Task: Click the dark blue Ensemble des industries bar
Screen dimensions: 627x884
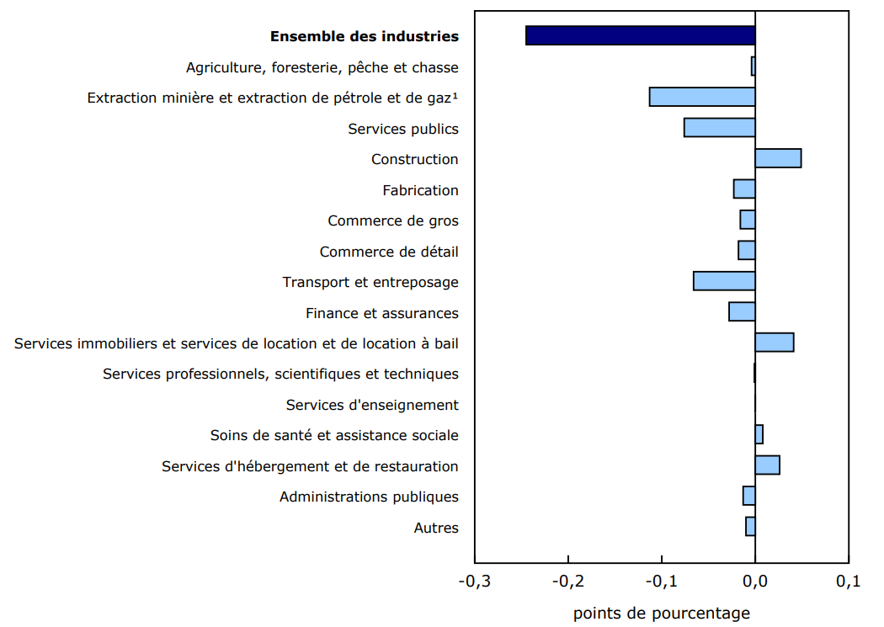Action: pyautogui.click(x=640, y=35)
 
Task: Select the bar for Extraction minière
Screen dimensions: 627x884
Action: pyautogui.click(x=702, y=97)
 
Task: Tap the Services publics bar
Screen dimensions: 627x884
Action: pyautogui.click(x=719, y=128)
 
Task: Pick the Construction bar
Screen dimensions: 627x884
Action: pyautogui.click(x=778, y=158)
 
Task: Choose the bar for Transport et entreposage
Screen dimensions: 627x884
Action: pyautogui.click(x=724, y=281)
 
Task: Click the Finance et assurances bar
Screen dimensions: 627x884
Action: pyautogui.click(x=742, y=312)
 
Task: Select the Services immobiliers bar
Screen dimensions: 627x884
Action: pyautogui.click(x=775, y=343)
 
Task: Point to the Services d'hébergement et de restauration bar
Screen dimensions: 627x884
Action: pyautogui.click(x=767, y=465)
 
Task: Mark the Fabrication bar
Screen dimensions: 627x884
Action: pyautogui.click(x=744, y=189)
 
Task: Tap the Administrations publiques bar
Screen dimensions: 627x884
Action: pyautogui.click(x=748, y=496)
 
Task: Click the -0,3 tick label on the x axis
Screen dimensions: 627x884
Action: pyautogui.click(x=474, y=582)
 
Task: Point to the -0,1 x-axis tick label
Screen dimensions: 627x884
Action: pyautogui.click(x=661, y=582)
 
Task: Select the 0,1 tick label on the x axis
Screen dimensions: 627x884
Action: pyautogui.click(x=848, y=582)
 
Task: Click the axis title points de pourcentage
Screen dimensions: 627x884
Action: pyautogui.click(x=661, y=614)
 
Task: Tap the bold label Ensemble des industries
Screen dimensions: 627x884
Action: pyautogui.click(x=364, y=36)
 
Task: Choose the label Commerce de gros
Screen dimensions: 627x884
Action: pyautogui.click(x=392, y=221)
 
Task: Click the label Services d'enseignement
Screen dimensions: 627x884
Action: pyautogui.click(x=372, y=405)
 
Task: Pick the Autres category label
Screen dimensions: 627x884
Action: pyautogui.click(x=436, y=528)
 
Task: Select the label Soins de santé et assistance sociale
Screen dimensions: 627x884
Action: pyautogui.click(x=334, y=435)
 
